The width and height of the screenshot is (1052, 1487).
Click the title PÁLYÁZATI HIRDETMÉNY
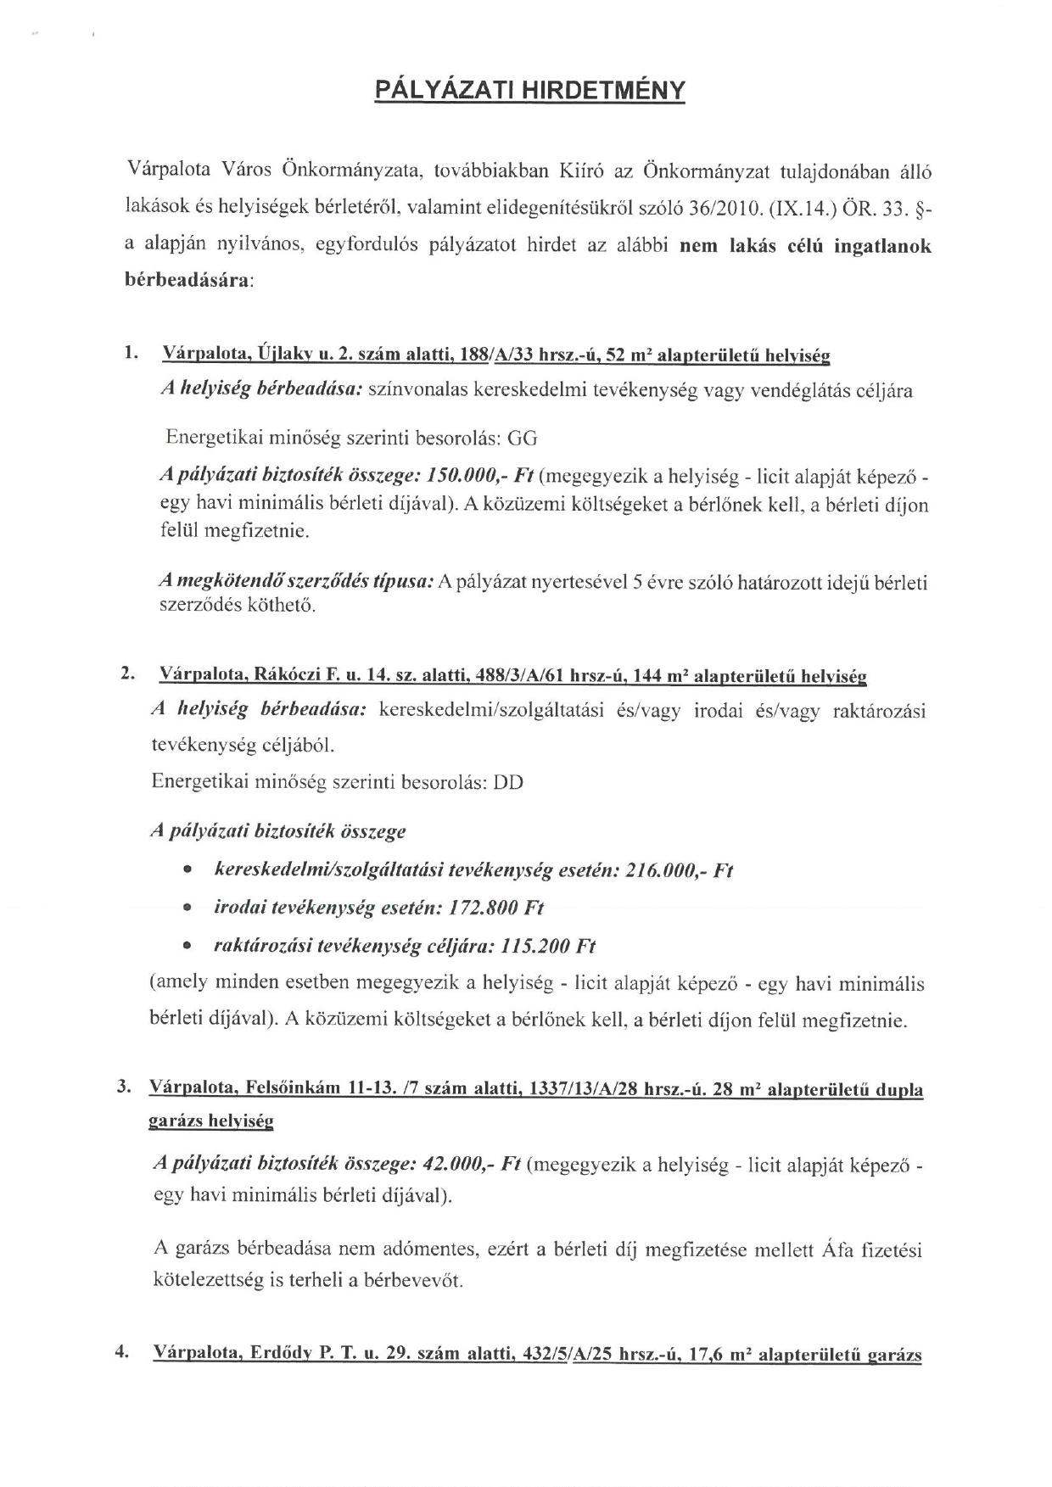coord(529,91)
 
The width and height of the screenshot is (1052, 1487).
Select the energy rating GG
coord(522,439)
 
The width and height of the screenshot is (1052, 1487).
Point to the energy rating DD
coord(508,781)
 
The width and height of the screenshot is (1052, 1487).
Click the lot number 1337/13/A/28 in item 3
coord(584,1088)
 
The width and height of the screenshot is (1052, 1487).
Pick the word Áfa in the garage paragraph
coord(836,1249)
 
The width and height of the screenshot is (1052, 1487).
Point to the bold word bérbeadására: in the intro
coord(187,279)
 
